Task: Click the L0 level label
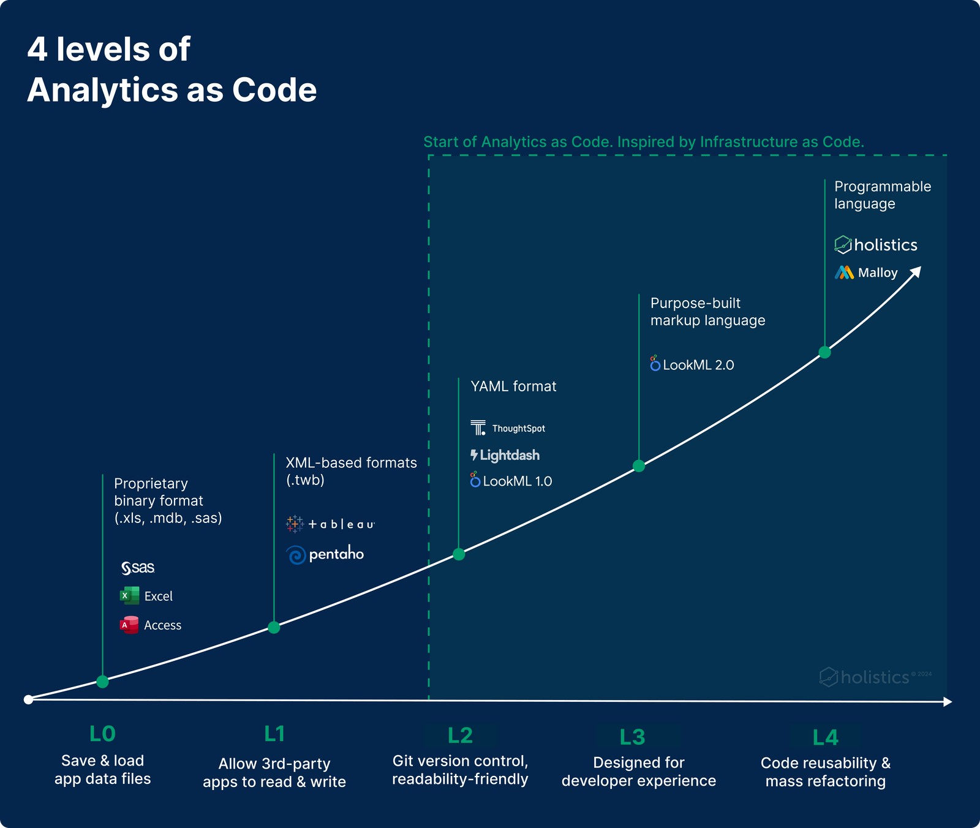coord(102,734)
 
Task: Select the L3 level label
coord(632,737)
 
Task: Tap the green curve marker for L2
coord(459,554)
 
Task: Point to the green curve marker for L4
coord(824,352)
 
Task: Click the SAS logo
coord(138,568)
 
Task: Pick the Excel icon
coord(129,595)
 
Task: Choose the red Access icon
coord(129,625)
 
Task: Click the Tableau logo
coord(330,524)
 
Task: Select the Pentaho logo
coord(325,554)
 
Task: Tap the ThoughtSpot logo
coord(508,428)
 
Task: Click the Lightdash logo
coord(505,455)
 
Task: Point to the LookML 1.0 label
coord(511,481)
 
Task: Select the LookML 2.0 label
coord(692,365)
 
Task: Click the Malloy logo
coord(866,273)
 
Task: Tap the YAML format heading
coord(513,386)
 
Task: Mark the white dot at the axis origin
coord(28,699)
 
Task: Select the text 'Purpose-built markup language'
coord(707,312)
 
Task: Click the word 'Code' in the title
coord(274,90)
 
